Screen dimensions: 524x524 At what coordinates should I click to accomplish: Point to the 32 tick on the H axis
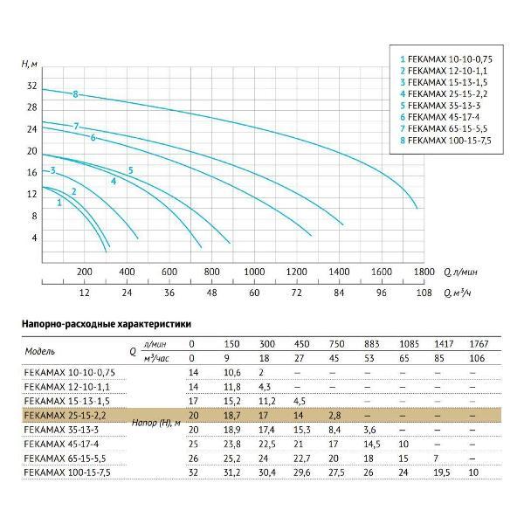32,86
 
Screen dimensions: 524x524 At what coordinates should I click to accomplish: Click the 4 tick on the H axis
35,238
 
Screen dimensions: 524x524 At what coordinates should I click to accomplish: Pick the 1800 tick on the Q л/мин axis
424,272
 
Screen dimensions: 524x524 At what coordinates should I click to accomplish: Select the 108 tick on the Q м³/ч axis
424,293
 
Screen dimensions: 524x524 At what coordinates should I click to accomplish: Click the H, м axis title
29,64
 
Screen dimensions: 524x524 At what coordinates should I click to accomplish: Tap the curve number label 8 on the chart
76,93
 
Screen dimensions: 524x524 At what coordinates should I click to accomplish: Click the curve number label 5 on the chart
130,169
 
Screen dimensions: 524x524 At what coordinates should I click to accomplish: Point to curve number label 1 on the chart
59,202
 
